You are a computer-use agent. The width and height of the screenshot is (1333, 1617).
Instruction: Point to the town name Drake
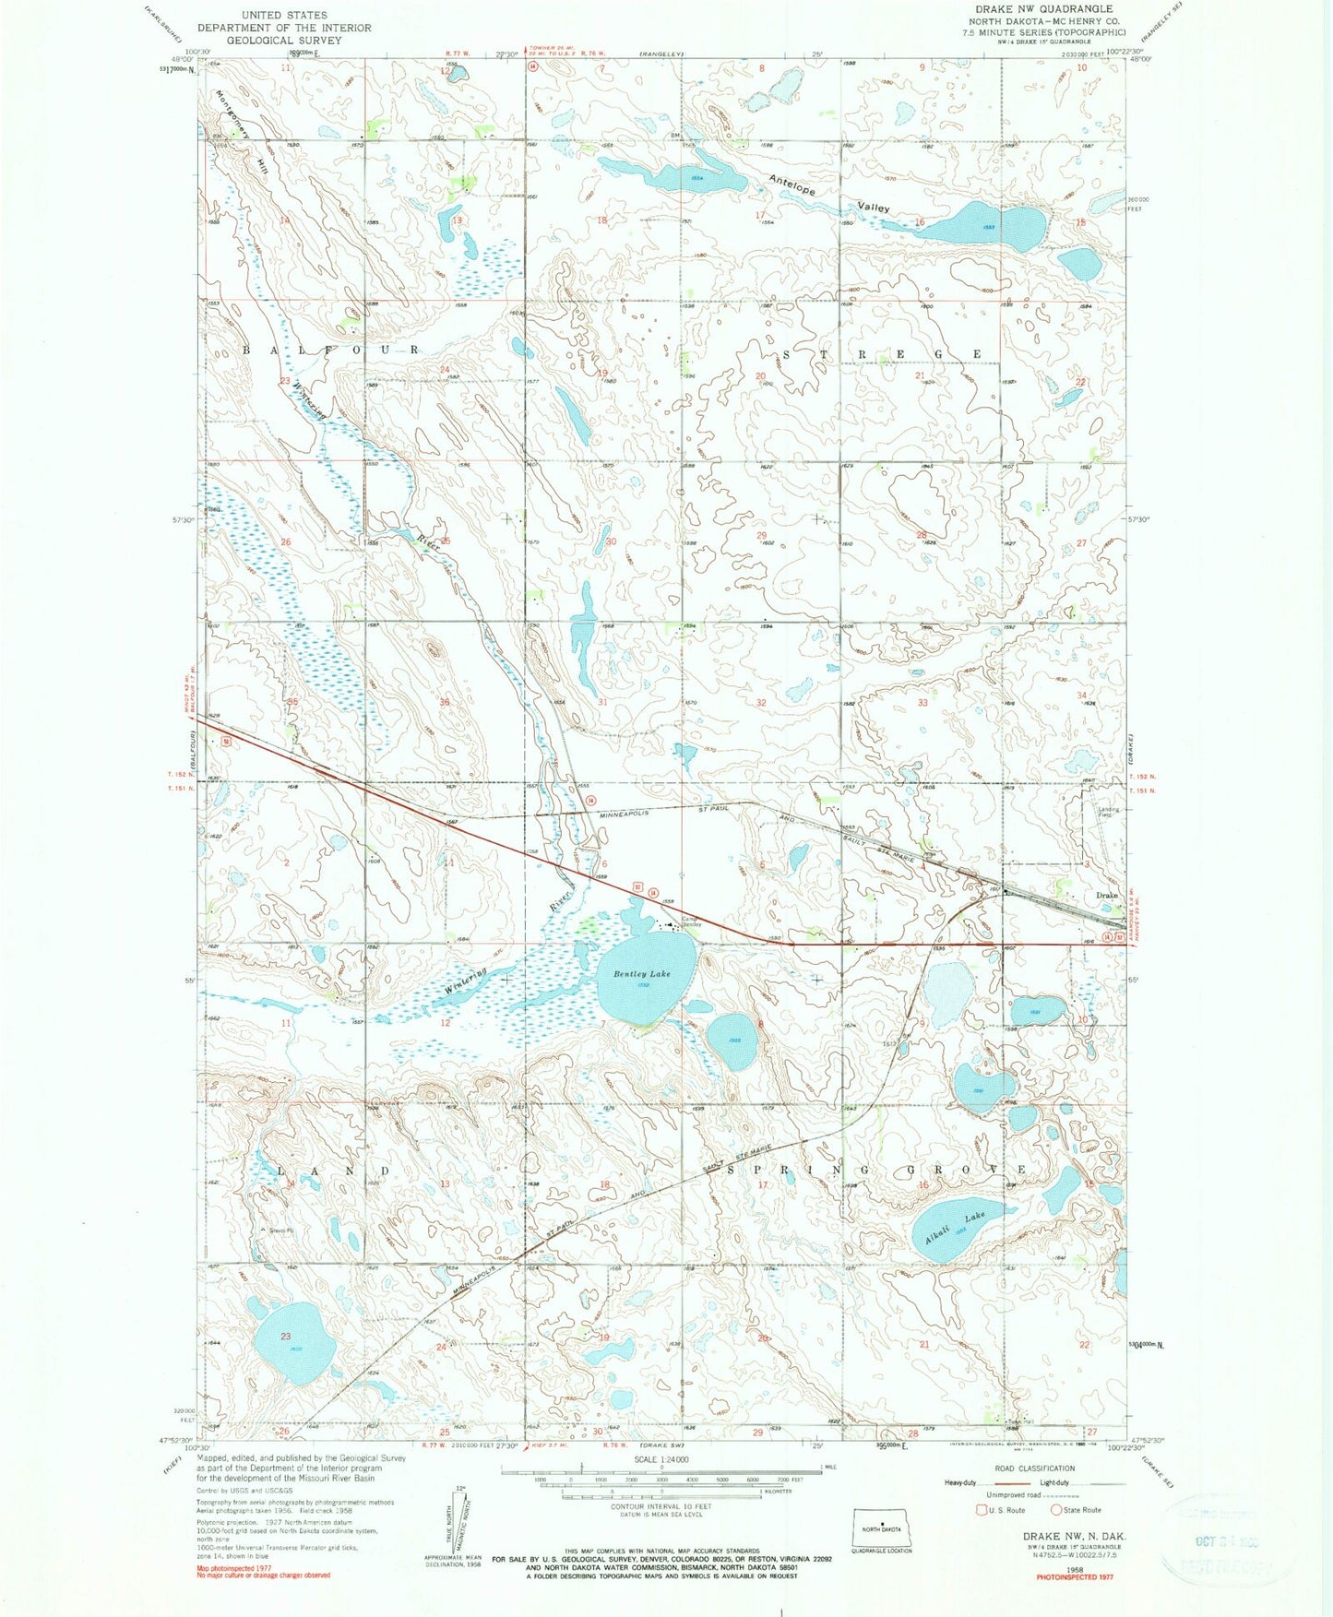pyautogui.click(x=1106, y=896)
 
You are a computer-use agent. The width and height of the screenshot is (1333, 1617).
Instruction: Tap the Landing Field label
pyautogui.click(x=1108, y=812)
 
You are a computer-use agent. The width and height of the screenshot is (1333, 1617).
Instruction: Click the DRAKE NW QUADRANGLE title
pyautogui.click(x=1037, y=8)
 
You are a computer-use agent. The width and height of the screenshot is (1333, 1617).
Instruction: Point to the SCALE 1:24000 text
pyautogui.click(x=661, y=1459)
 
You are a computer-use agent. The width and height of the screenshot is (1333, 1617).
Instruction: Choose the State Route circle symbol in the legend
pyautogui.click(x=1057, y=1510)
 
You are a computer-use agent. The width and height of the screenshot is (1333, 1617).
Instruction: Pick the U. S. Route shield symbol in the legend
pyautogui.click(x=982, y=1510)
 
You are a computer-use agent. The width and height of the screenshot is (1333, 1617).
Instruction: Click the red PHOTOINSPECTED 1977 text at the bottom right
pyautogui.click(x=1075, y=1577)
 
